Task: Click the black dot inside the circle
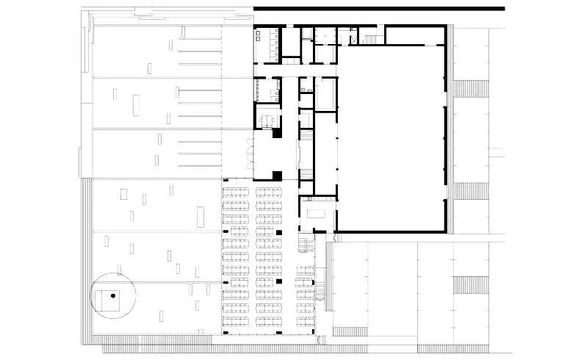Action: tap(113, 295)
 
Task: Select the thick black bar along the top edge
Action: tap(378, 8)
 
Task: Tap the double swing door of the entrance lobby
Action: tap(250, 155)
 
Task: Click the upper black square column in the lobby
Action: tap(277, 134)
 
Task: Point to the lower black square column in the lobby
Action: tap(277, 175)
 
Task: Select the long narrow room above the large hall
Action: tap(415, 35)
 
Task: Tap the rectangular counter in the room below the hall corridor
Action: tap(317, 212)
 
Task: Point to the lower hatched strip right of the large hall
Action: tap(472, 190)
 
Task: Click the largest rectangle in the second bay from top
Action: tap(137, 104)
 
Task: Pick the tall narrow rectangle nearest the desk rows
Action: tap(200, 217)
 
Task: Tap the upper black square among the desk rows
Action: tap(279, 233)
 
